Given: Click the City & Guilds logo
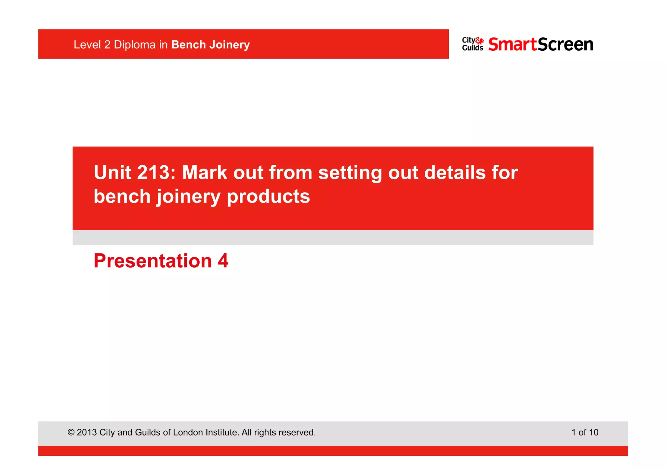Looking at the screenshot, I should (473, 44).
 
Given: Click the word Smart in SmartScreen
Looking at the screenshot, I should (513, 44).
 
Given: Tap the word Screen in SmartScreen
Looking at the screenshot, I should (566, 44).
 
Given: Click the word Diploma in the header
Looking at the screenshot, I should (135, 45).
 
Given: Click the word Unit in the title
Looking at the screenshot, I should (113, 172).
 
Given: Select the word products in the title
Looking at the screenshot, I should (268, 197).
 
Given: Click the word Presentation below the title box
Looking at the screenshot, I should (153, 261).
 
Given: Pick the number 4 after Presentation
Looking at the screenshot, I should (223, 261).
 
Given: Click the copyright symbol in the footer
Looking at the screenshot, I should (71, 433).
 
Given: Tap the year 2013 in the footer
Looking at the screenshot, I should (87, 433).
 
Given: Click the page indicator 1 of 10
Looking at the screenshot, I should (585, 432).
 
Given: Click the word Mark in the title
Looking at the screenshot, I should (205, 172).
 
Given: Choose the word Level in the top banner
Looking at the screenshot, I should (87, 45).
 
